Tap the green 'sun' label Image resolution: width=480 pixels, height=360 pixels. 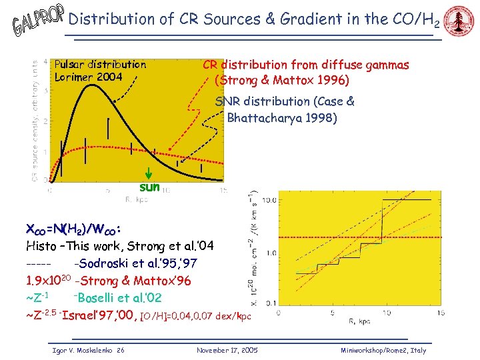tap(149, 187)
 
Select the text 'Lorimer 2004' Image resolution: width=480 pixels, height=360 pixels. tap(88, 77)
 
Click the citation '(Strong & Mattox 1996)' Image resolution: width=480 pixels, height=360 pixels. tap(281, 81)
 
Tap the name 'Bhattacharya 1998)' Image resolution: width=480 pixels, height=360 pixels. tap(282, 119)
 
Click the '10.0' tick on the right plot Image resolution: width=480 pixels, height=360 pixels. tap(269, 200)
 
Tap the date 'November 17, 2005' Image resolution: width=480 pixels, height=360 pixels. tap(227, 350)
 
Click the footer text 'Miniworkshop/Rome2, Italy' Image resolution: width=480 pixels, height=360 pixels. tap(383, 350)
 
